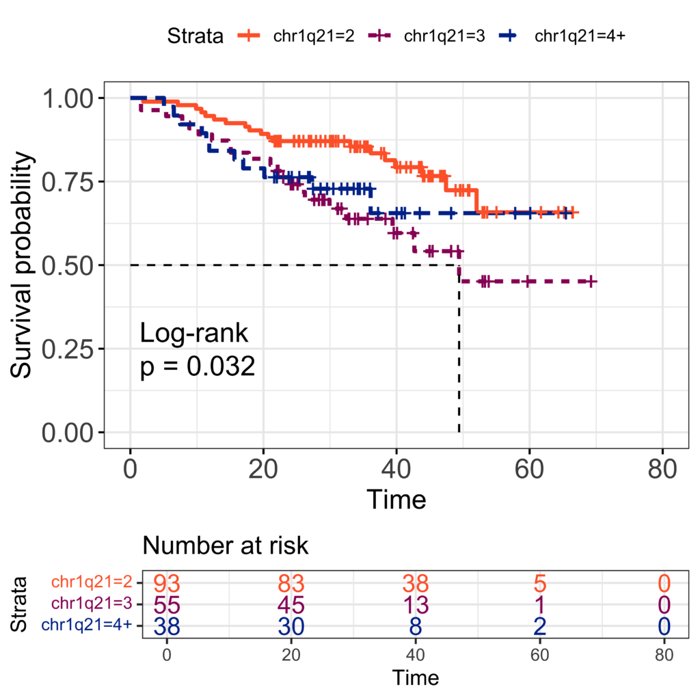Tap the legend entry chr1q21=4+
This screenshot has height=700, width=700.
click(579, 36)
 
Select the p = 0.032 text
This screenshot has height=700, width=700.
click(197, 367)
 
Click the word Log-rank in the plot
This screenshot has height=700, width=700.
click(193, 334)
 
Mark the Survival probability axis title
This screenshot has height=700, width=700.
click(23, 265)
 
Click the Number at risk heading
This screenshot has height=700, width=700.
click(226, 546)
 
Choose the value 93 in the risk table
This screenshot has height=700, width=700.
click(166, 584)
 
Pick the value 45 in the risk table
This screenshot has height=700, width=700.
click(291, 604)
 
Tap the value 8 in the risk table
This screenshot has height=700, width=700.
click(416, 625)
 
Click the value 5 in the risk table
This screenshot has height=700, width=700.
click(539, 584)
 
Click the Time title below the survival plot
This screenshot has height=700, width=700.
click(396, 500)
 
